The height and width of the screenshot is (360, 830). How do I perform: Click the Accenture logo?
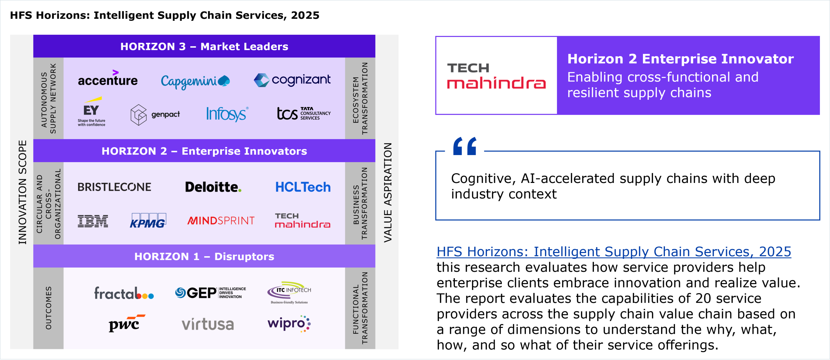(108, 78)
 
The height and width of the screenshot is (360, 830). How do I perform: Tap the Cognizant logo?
(292, 80)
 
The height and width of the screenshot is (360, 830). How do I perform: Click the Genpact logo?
(155, 115)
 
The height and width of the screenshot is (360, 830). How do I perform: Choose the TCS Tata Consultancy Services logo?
(304, 114)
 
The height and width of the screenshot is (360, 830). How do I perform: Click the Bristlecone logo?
(114, 187)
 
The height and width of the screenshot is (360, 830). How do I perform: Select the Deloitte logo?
(213, 187)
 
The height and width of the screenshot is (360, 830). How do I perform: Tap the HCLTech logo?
(303, 187)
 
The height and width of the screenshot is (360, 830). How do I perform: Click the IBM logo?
(93, 221)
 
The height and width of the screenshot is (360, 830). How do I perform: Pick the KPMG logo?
(148, 221)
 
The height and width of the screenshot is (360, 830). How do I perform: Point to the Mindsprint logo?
(221, 221)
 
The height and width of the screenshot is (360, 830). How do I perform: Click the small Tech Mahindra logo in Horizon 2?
(302, 221)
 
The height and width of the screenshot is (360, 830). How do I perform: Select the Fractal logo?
(124, 293)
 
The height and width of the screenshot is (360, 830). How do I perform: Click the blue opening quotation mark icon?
(465, 146)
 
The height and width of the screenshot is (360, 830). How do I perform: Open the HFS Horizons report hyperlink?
(614, 252)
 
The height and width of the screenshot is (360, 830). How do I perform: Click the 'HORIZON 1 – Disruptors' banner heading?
(204, 257)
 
